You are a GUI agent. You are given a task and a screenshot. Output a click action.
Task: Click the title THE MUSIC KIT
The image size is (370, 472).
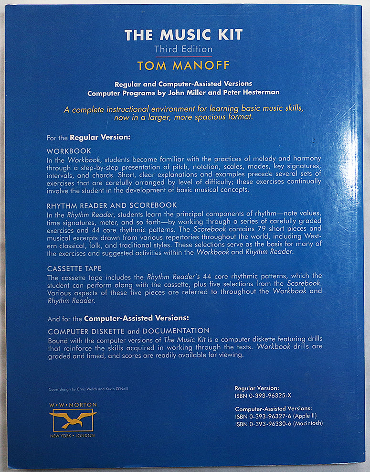tap(183, 35)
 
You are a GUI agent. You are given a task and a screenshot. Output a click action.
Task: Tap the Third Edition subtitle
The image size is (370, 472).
tap(183, 49)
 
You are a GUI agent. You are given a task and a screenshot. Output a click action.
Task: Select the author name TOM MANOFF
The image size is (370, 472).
tap(183, 65)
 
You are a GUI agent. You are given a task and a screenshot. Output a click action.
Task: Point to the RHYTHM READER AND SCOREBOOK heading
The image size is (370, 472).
tap(112, 205)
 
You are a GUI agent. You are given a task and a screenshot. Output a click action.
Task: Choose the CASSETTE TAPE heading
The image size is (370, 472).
tap(74, 268)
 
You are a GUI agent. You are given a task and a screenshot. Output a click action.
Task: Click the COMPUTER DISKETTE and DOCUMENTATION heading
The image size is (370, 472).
tap(129, 331)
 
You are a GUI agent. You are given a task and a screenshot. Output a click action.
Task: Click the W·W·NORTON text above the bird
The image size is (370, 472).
tap(73, 405)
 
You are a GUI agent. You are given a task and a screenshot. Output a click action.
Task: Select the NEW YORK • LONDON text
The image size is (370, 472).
tap(73, 435)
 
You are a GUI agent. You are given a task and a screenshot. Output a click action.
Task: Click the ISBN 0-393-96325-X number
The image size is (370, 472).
tap(264, 396)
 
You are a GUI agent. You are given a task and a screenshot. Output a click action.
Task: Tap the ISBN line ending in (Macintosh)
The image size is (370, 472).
tap(279, 423)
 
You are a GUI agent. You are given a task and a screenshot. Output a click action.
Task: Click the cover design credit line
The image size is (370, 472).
tap(88, 389)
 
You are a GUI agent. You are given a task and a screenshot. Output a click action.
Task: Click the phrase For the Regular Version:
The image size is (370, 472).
tap(88, 138)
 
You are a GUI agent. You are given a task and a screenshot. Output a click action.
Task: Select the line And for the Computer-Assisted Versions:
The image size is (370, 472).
tap(118, 318)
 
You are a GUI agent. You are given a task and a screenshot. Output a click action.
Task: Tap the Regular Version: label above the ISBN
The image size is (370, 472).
tap(257, 388)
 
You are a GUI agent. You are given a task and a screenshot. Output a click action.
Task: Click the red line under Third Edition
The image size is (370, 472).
tap(183, 56)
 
